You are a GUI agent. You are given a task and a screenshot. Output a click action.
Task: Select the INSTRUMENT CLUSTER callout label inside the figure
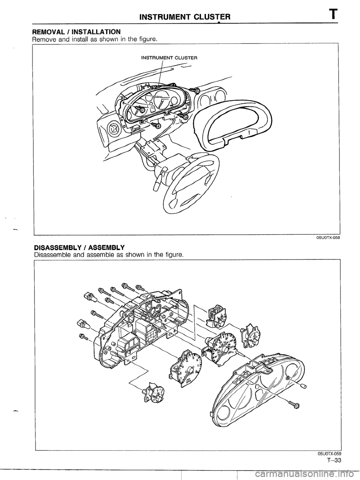169,58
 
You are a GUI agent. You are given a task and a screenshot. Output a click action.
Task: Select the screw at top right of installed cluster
195,89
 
